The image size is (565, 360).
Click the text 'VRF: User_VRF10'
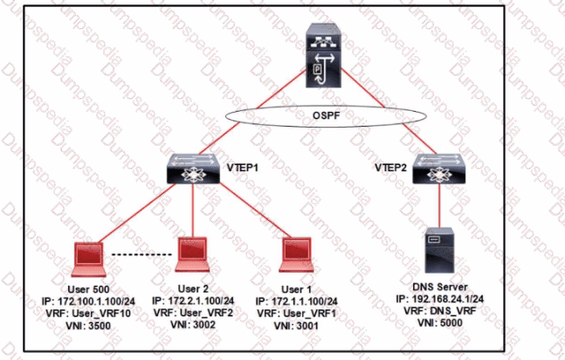(x=95, y=313)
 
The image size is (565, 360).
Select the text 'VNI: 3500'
(x=95, y=325)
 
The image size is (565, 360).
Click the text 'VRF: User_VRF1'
(x=299, y=313)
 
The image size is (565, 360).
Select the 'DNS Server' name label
(x=440, y=285)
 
